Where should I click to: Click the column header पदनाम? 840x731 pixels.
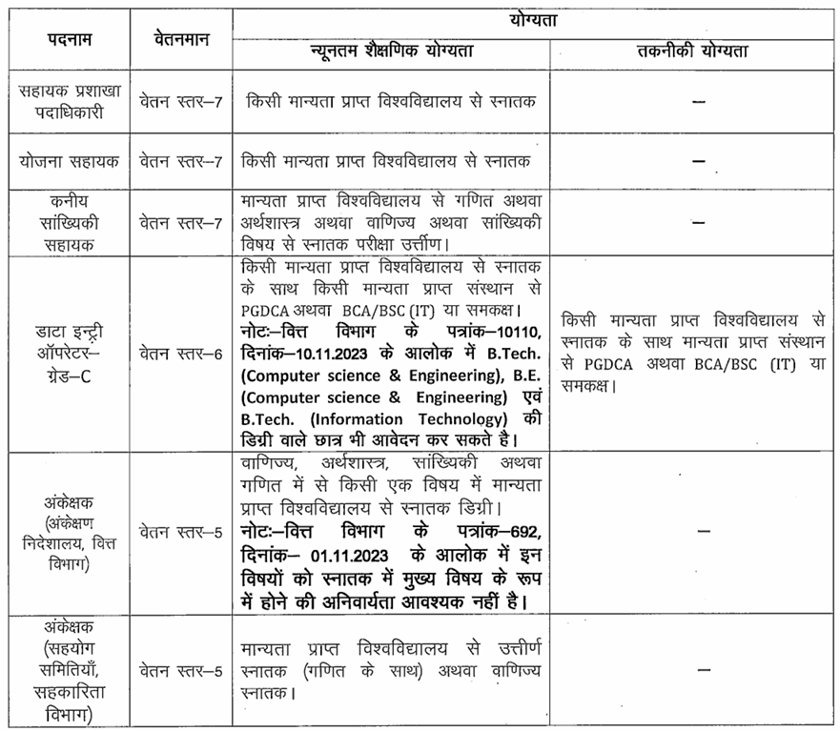[x=67, y=38]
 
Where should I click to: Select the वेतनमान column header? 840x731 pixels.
[x=178, y=38]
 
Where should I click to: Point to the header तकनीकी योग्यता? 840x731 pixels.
[x=692, y=51]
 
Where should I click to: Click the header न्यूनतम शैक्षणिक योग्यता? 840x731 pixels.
[x=391, y=51]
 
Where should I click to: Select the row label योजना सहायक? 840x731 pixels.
[x=69, y=161]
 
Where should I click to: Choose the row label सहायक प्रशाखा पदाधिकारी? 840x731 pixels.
[x=69, y=102]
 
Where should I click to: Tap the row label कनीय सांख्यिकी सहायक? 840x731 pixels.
[x=69, y=222]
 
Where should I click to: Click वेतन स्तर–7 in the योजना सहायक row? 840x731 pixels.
[x=180, y=161]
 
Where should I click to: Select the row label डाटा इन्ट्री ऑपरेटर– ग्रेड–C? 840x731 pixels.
[x=69, y=354]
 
